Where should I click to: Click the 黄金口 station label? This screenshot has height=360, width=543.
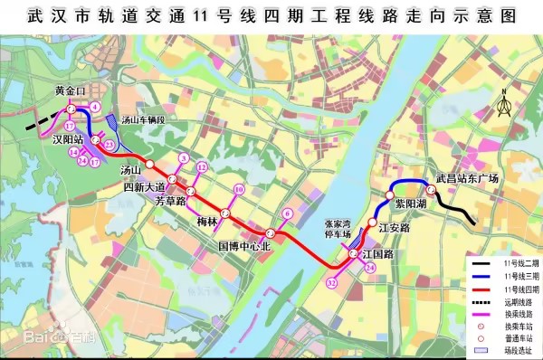click(69, 91)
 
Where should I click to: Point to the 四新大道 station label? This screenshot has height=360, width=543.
click(146, 186)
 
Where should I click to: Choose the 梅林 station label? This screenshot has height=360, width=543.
click(207, 222)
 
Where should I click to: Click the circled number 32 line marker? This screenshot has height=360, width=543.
click(332, 283)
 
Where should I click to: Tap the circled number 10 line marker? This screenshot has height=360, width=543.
click(238, 189)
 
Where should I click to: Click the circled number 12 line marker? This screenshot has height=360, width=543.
click(202, 167)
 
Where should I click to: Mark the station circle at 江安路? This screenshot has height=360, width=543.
click(370, 223)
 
